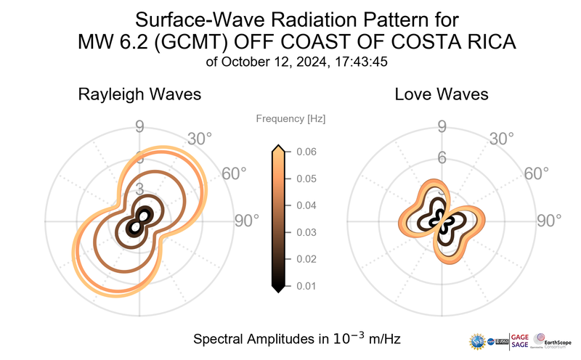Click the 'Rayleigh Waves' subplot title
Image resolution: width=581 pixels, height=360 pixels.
139,94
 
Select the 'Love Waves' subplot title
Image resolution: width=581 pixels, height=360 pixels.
442,94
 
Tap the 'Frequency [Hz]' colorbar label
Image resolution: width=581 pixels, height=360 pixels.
290,118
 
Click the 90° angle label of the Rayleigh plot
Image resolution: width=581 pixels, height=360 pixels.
246,221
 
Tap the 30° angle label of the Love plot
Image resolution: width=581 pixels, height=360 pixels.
501,138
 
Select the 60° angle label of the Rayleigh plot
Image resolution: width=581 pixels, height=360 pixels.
234,174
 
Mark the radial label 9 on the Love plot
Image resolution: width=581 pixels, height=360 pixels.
442,128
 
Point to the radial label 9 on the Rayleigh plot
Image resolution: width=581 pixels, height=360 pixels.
139,128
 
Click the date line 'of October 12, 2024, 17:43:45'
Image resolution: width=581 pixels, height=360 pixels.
296,62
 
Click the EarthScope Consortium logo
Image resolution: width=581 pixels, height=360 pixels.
553,340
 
